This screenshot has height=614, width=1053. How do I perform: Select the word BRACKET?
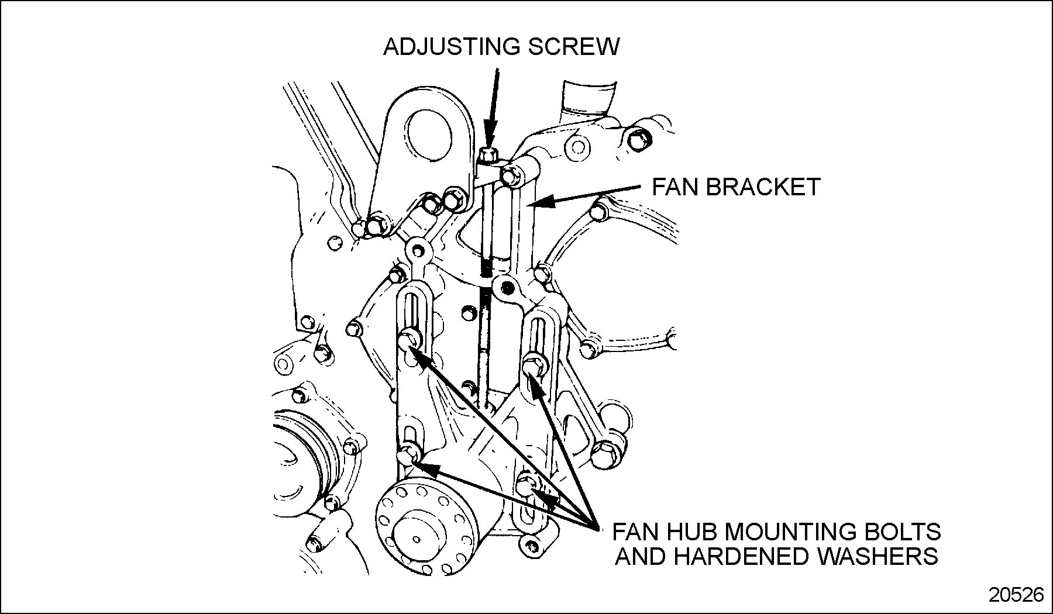coord(764,187)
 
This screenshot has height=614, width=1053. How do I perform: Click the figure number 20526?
coord(1016,595)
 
